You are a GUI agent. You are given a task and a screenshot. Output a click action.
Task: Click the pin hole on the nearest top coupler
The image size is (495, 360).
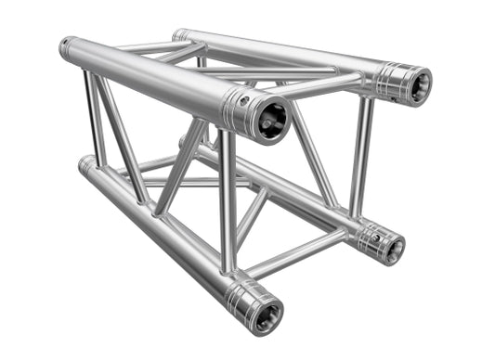click(x=247, y=96)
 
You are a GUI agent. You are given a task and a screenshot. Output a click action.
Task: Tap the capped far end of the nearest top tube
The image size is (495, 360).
click(x=68, y=48)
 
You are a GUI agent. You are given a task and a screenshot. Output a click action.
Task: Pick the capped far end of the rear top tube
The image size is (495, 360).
click(x=179, y=35)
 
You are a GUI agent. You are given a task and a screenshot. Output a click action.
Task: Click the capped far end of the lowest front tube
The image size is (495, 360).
click(x=85, y=165)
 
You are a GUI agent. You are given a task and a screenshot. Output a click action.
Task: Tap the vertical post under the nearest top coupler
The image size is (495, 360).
click(x=228, y=199)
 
